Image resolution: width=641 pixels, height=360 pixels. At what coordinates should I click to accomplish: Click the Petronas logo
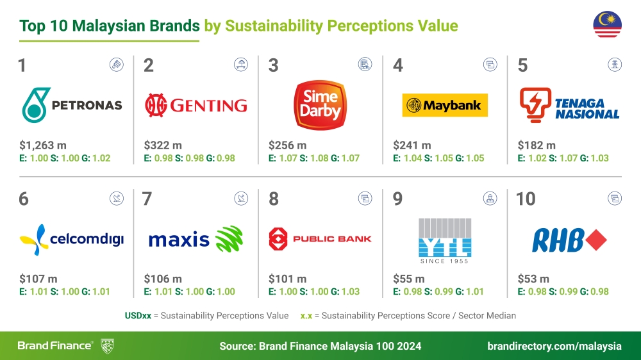(71, 105)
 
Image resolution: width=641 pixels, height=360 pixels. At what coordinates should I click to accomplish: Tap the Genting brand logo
(196, 104)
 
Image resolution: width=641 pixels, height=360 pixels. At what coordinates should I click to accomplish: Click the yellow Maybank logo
(445, 105)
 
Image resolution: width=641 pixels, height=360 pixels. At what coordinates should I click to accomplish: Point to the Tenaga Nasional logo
(569, 104)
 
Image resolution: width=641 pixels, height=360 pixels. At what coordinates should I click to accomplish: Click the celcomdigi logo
(71, 240)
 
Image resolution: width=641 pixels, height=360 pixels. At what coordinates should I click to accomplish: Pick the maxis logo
(196, 240)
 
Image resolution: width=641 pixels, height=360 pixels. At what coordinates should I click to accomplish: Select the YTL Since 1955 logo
(444, 241)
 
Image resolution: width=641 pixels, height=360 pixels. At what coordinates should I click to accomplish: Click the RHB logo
(569, 240)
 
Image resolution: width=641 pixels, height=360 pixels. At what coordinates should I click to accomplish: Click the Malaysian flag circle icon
(607, 26)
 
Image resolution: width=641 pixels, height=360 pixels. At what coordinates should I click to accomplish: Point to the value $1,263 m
(40, 145)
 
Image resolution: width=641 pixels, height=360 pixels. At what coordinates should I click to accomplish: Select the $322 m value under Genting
(163, 145)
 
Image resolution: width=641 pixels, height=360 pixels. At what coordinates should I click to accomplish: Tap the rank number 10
(526, 199)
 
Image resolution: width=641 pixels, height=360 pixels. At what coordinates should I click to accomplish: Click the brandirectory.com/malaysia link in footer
(554, 346)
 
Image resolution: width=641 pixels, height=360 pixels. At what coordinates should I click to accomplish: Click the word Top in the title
(33, 26)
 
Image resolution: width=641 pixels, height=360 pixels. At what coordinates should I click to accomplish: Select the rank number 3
(273, 65)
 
